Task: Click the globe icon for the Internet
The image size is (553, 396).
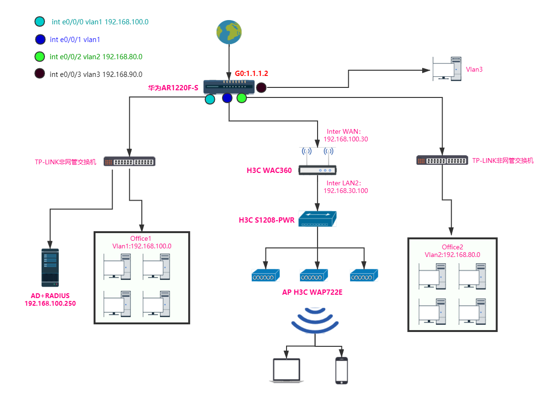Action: click(x=228, y=32)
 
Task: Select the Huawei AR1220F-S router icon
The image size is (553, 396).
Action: click(x=229, y=87)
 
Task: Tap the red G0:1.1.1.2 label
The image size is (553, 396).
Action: click(x=251, y=74)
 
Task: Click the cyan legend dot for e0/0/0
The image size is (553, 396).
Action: click(x=40, y=21)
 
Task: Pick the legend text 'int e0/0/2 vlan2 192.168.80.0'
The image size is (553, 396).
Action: click(x=96, y=57)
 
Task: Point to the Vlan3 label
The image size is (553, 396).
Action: click(x=474, y=69)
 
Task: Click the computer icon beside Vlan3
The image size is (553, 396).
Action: click(x=447, y=69)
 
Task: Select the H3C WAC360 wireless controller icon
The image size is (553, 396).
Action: click(x=317, y=162)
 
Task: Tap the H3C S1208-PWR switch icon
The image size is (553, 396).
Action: click(x=317, y=219)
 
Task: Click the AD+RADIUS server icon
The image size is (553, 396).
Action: click(x=50, y=267)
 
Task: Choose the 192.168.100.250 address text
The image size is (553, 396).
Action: click(x=50, y=303)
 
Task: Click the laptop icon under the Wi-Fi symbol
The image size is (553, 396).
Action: click(x=286, y=370)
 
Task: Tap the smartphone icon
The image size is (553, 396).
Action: click(x=341, y=370)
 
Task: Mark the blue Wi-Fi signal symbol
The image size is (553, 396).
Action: click(x=315, y=320)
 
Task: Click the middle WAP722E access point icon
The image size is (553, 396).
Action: click(x=314, y=275)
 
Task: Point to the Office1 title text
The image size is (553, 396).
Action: click(x=141, y=238)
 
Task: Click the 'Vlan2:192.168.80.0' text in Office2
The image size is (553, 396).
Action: click(x=452, y=255)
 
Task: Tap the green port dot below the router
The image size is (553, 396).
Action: click(x=242, y=98)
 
